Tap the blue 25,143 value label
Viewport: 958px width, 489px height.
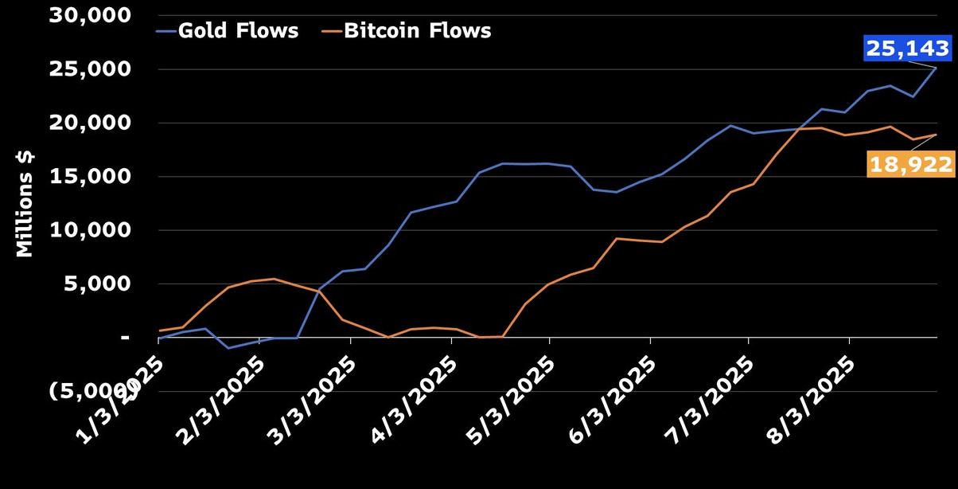click(908, 49)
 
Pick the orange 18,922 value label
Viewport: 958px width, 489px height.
click(910, 165)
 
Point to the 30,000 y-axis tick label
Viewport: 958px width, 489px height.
click(89, 15)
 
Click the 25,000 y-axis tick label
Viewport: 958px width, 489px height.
click(89, 69)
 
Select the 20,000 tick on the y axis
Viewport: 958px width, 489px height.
click(89, 123)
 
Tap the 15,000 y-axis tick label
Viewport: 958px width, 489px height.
click(89, 176)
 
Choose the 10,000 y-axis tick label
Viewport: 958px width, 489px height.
click(89, 230)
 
